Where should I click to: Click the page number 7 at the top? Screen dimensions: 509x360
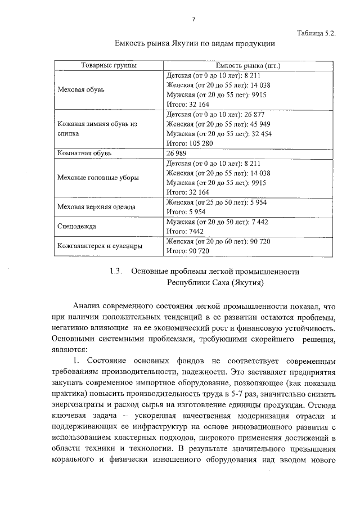[193, 19]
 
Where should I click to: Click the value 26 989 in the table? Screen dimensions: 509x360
[177, 152]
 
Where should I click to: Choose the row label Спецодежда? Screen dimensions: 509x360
[77, 227]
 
